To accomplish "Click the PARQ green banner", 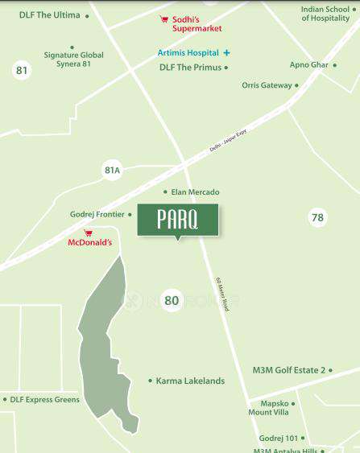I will (178, 220).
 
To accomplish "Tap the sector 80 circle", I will (171, 300).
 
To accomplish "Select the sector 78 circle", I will (317, 217).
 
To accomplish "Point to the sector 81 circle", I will (22, 71).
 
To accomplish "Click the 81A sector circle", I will (112, 170).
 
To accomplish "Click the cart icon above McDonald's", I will (89, 233).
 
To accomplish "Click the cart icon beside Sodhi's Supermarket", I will (164, 19).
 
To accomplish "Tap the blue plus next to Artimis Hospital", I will (226, 53).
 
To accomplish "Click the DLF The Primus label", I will (190, 68).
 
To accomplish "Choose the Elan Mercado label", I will (195, 192).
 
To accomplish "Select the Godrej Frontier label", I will (97, 214).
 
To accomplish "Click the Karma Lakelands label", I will (190, 381).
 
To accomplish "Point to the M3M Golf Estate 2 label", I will (288, 370).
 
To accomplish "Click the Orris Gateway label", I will (267, 85).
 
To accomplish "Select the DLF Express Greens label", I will (44, 399).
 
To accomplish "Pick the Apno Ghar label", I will (308, 64).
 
